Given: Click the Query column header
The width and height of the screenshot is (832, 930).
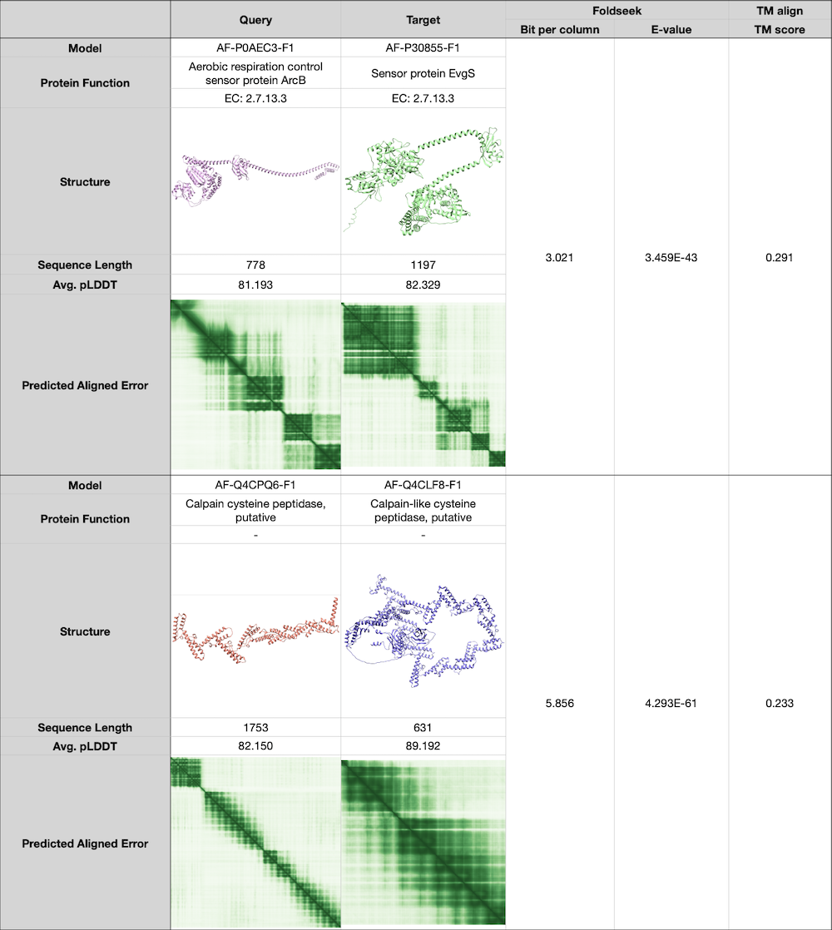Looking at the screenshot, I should pyautogui.click(x=255, y=20).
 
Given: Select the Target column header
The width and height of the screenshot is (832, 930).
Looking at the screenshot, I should pyautogui.click(x=423, y=20).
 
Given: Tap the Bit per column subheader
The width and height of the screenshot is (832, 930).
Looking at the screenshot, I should pyautogui.click(x=559, y=30).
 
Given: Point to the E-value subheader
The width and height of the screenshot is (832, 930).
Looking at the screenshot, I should pyautogui.click(x=671, y=30).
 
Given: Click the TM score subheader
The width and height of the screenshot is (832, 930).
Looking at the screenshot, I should pyautogui.click(x=780, y=30).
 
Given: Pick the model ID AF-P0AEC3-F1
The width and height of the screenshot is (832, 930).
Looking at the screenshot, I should pyautogui.click(x=255, y=48).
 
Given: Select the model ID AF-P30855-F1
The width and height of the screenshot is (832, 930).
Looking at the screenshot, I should pyautogui.click(x=423, y=48).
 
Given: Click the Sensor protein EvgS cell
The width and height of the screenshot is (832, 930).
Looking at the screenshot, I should pyautogui.click(x=423, y=73).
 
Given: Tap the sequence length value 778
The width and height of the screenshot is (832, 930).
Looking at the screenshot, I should pyautogui.click(x=255, y=265).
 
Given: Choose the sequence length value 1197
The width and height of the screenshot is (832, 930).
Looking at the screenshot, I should pyautogui.click(x=423, y=265).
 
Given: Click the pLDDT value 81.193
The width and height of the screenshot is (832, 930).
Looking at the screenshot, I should pyautogui.click(x=255, y=284).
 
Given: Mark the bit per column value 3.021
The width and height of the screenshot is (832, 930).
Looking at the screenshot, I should pyautogui.click(x=559, y=258).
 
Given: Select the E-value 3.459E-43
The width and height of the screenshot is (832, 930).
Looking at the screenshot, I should pyautogui.click(x=671, y=258).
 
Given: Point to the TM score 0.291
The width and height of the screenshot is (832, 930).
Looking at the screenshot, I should pyautogui.click(x=780, y=258).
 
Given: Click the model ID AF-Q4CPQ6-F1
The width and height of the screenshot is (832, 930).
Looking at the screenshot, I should pyautogui.click(x=255, y=485).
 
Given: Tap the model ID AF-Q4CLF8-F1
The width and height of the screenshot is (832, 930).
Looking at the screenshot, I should pyautogui.click(x=423, y=485).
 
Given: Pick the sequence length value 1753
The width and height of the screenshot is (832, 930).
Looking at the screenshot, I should pyautogui.click(x=255, y=728).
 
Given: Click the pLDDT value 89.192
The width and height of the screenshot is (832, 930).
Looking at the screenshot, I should pyautogui.click(x=423, y=746).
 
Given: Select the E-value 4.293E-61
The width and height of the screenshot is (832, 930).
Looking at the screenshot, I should pyautogui.click(x=671, y=703).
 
